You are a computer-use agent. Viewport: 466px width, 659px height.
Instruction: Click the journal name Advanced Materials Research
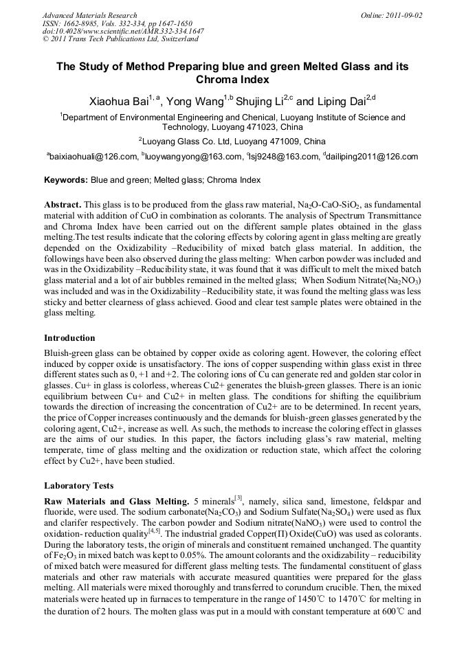click(89, 15)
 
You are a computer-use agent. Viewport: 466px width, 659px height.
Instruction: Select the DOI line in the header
click(123, 31)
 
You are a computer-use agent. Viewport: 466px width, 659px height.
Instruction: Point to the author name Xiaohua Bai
click(122, 102)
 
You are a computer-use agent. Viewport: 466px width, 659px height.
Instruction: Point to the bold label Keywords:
click(66, 181)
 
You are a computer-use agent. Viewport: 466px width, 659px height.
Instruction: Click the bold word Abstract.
click(63, 205)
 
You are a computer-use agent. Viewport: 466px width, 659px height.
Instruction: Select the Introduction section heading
click(69, 338)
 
